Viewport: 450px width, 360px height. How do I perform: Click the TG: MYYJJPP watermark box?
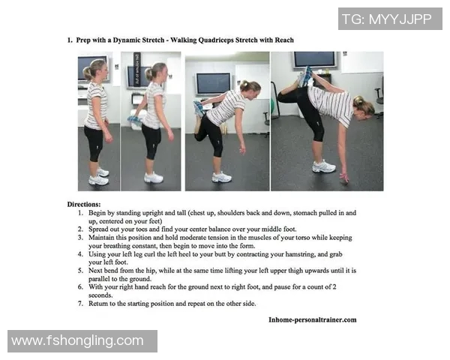pyautogui.click(x=390, y=19)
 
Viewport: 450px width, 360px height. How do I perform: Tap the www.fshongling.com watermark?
pyautogui.click(x=82, y=341)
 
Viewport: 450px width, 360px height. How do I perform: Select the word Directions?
pyautogui.click(x=84, y=205)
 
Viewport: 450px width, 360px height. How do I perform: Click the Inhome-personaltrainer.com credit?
pyautogui.click(x=313, y=319)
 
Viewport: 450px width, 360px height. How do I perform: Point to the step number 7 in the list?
pyautogui.click(x=80, y=304)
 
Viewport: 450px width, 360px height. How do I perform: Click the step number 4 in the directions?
pyautogui.click(x=80, y=254)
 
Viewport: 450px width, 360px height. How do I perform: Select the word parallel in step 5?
pyautogui.click(x=99, y=279)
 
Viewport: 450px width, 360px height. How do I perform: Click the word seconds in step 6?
pyautogui.click(x=100, y=295)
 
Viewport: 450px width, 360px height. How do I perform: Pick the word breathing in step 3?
pyautogui.click(x=117, y=246)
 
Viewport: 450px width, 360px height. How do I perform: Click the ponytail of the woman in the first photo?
pyautogui.click(x=87, y=73)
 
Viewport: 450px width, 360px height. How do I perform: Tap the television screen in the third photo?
pyautogui.click(x=213, y=83)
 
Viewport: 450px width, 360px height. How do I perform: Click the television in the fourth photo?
pyautogui.click(x=314, y=60)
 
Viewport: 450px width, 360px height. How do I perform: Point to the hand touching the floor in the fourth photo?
pyautogui.click(x=344, y=178)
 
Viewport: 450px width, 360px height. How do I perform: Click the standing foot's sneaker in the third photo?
pyautogui.click(x=221, y=177)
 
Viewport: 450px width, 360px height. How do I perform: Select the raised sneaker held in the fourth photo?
pyautogui.click(x=305, y=76)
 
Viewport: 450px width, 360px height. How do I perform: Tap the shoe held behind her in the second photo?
pyautogui.click(x=135, y=120)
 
